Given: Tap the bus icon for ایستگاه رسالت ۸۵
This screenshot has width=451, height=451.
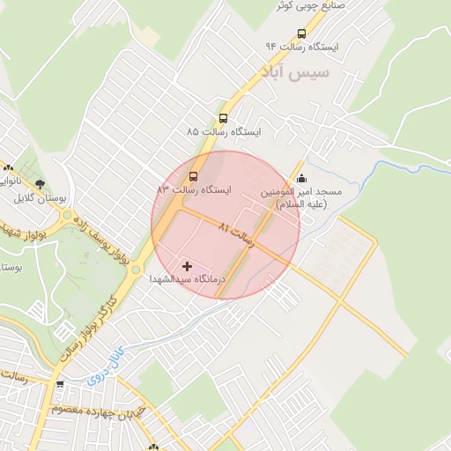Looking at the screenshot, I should (x=223, y=118).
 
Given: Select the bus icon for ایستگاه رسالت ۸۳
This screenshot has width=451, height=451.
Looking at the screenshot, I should (x=194, y=174).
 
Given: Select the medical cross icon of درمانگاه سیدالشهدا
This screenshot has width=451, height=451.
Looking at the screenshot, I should (x=187, y=265).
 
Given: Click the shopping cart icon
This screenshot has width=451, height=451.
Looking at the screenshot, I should (x=60, y=384).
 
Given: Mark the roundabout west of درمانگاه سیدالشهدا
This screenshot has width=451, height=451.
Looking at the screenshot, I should (x=134, y=270).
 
